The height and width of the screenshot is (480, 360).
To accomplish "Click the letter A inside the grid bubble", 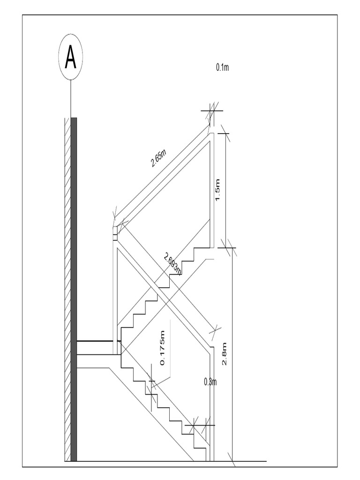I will click(71, 58).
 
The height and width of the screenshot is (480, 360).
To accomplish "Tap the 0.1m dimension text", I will click(222, 67).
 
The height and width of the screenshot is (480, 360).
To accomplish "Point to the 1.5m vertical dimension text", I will click(217, 192).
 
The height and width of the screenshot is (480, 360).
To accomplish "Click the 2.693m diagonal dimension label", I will click(172, 263).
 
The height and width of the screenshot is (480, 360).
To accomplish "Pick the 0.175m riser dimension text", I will click(163, 348).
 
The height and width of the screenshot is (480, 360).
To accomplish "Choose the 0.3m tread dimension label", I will click(210, 382).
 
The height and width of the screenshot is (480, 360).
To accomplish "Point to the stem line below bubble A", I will click(71, 99).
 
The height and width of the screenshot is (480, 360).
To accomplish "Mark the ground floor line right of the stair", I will click(248, 461).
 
